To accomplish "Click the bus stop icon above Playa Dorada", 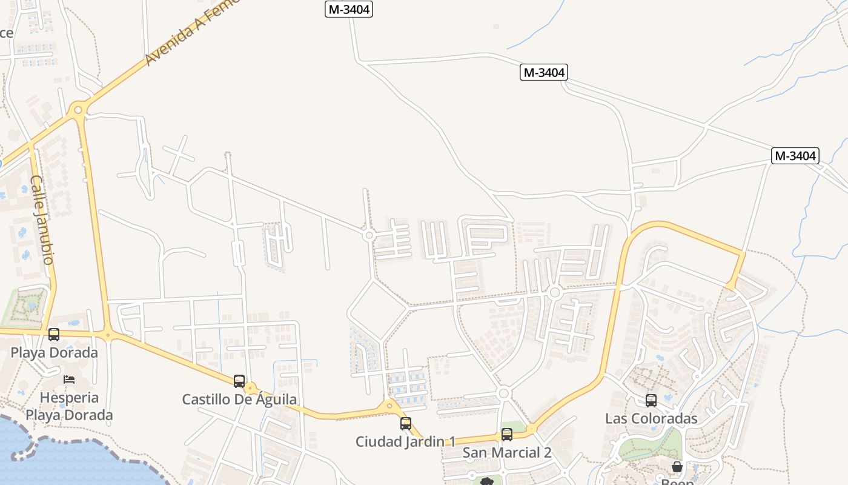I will tap(54, 334).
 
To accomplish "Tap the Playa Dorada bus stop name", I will tap(54, 352).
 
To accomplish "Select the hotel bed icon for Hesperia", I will tap(69, 380).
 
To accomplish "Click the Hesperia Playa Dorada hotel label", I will tap(68, 406).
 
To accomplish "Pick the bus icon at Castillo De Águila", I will tap(239, 381).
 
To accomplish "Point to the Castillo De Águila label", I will tap(239, 400).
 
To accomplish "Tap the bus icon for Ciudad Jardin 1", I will tap(406, 424).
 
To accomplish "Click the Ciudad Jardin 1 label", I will tap(405, 441).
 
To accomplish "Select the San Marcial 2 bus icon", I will tap(507, 435).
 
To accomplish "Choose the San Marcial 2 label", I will tap(507, 452).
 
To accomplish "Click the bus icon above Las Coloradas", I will tap(651, 401).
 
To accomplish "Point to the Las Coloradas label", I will tap(651, 418).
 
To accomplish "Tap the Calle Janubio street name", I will tap(41, 219).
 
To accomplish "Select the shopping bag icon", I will tap(677, 467).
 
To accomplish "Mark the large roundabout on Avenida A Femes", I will tap(77, 110).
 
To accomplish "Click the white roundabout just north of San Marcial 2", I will tap(503, 393).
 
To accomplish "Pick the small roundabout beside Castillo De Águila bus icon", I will tap(251, 388).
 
